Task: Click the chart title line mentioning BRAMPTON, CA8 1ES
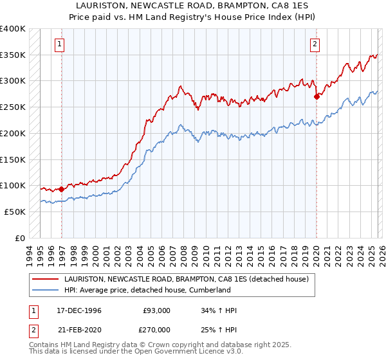pos(192,4)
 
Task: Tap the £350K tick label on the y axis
pos(13,55)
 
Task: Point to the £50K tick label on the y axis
pos(15,212)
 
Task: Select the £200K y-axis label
pos(13,133)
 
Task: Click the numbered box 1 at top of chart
pos(59,44)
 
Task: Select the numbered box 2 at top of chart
pos(315,44)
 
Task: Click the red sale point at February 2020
pos(317,97)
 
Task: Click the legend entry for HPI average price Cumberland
pos(147,290)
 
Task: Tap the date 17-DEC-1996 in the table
pos(79,310)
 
